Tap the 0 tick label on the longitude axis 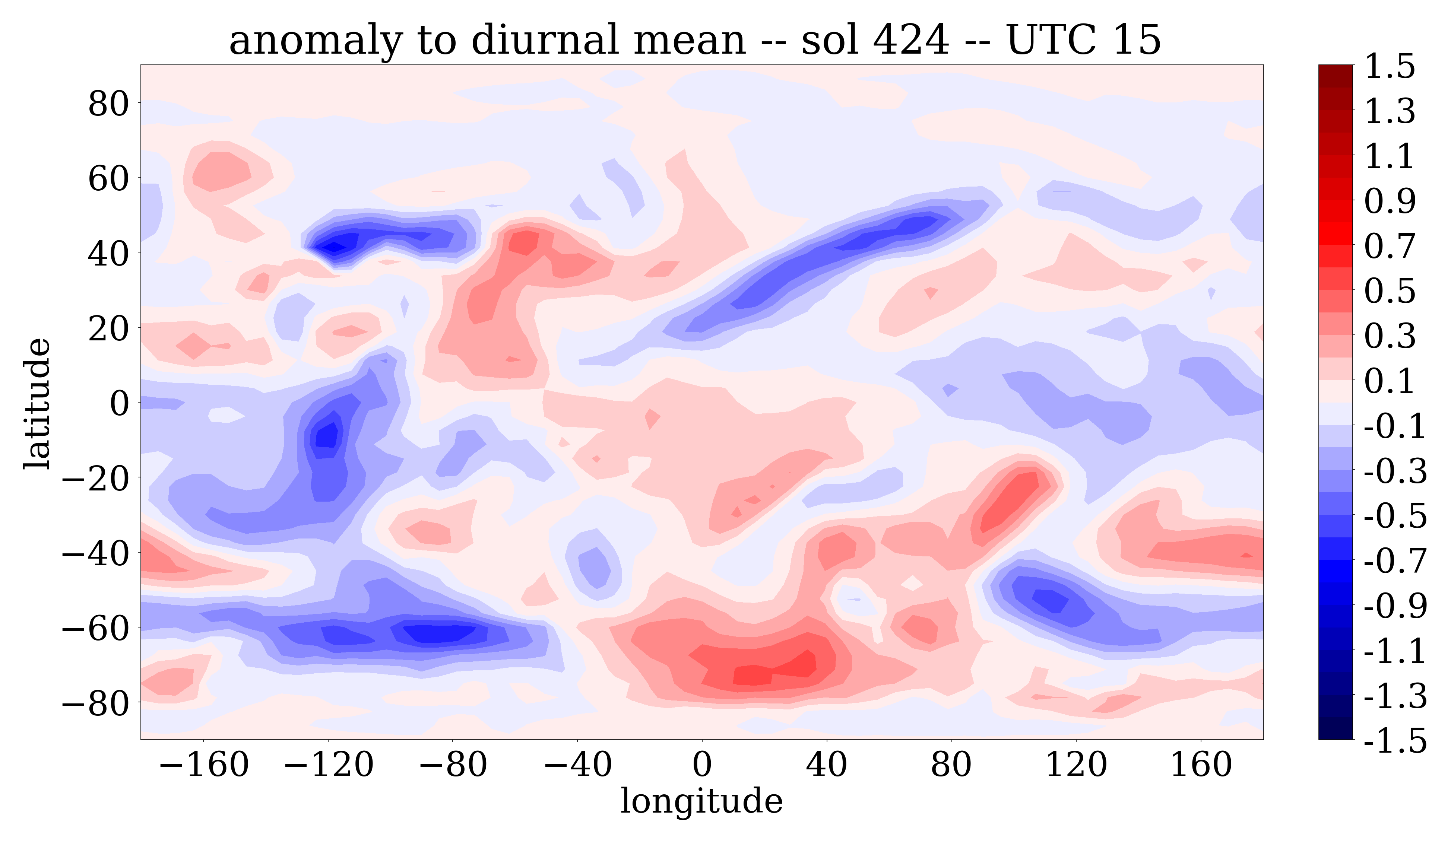click(701, 765)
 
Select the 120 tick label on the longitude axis click(1075, 765)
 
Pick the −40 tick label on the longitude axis click(577, 765)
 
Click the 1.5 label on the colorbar click(1390, 66)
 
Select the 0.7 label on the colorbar click(1390, 246)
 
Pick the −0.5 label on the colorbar click(1395, 516)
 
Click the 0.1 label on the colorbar click(1390, 381)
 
